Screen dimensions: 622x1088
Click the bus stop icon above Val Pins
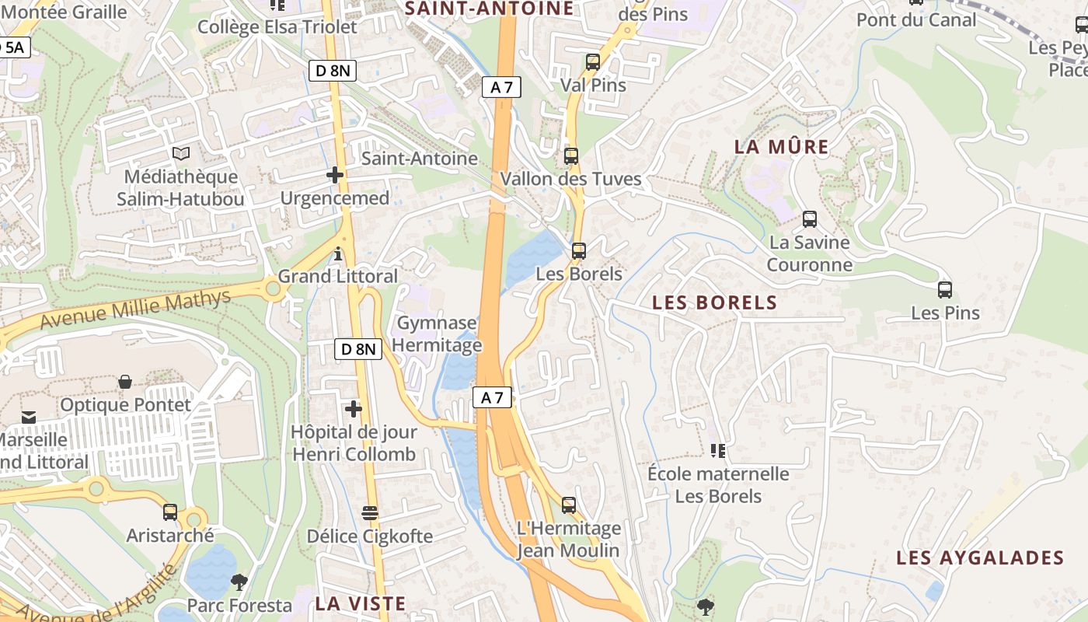pos(593,62)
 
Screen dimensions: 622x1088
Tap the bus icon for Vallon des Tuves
pos(571,156)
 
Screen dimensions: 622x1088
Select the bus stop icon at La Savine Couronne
pos(810,219)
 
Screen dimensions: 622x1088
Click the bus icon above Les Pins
pos(945,290)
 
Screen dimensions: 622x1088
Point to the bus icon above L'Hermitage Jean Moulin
pos(569,505)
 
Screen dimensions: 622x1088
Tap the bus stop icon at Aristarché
pos(170,512)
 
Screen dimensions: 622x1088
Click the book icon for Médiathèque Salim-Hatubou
pos(181,154)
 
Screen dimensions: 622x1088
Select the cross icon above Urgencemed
pos(335,175)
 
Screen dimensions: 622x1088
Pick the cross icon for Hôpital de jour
pos(354,409)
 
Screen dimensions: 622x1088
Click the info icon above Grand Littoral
pos(338,253)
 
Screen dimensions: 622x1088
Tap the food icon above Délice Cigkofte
pos(370,513)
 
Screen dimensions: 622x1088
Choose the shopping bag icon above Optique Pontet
pos(125,382)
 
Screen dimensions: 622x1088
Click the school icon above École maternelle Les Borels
pos(718,450)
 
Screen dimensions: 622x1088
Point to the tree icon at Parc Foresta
pos(239,582)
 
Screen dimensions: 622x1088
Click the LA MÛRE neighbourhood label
pos(782,147)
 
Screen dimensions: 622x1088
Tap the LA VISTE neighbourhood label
pos(361,603)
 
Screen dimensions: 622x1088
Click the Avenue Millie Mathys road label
pos(135,309)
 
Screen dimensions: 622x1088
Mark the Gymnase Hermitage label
pos(439,334)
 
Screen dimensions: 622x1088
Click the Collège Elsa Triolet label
pos(277,27)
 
